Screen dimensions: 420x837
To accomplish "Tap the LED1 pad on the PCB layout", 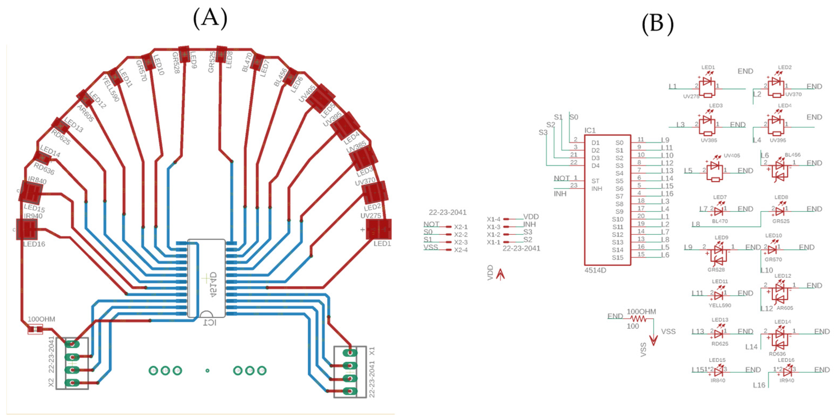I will click(x=378, y=229).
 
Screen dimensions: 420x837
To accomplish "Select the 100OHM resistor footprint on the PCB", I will click(x=35, y=330).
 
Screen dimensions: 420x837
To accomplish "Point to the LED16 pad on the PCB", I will click(x=27, y=229).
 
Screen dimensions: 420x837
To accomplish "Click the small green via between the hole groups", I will click(x=207, y=370).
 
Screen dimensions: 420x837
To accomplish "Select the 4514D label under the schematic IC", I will click(x=595, y=270).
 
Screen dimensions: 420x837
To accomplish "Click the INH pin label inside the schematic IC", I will click(x=596, y=189).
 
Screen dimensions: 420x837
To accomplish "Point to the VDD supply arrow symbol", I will click(x=500, y=274).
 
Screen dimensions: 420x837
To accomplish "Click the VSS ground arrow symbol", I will click(x=653, y=340).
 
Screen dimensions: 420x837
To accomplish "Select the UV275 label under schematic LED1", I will click(x=691, y=97).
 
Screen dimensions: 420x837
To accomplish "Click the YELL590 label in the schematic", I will click(x=720, y=305).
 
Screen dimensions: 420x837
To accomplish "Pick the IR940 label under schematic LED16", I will click(x=787, y=380).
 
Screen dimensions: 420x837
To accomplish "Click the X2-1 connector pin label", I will click(x=461, y=227).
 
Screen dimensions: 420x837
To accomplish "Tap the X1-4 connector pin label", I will click(x=493, y=219).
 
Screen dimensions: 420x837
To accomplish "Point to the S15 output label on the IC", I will click(x=617, y=258).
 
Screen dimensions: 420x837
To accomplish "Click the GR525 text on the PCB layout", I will click(x=211, y=62).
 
